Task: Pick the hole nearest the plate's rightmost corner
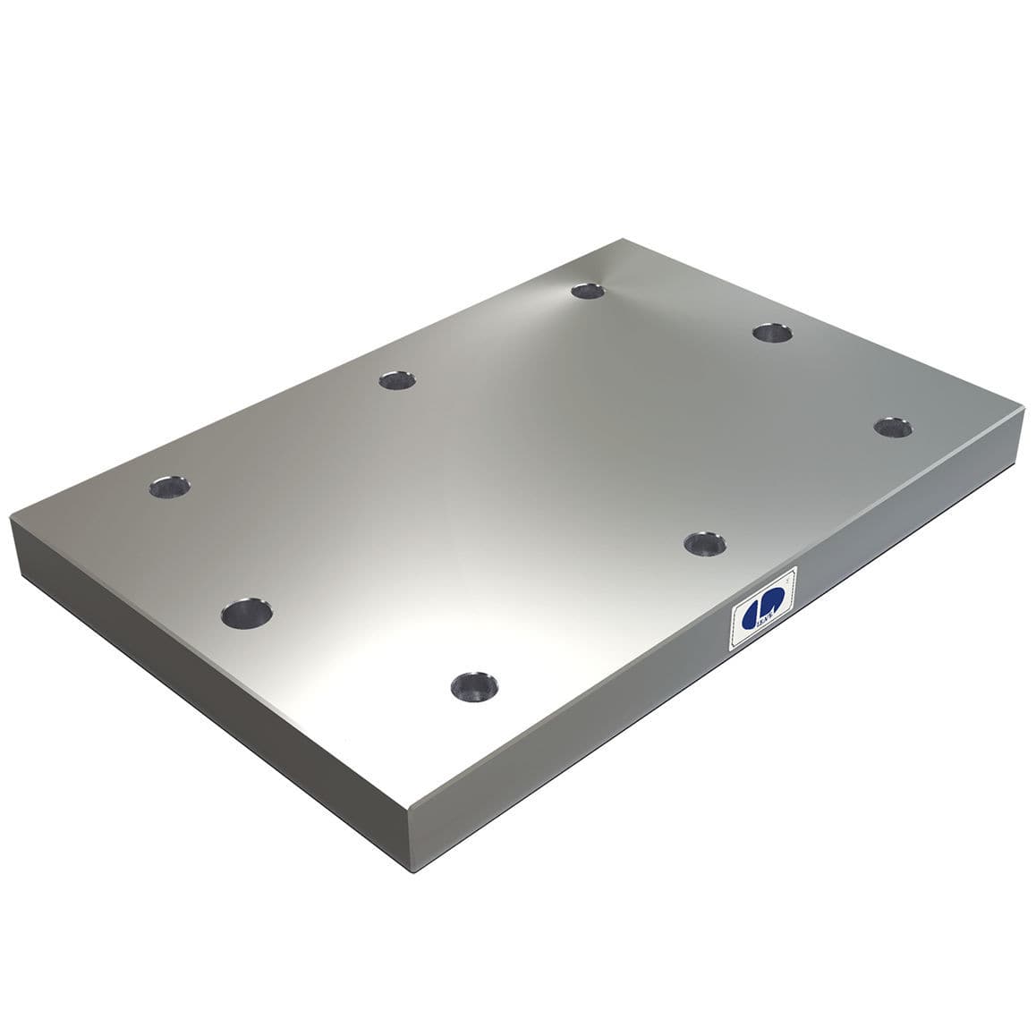tap(893, 427)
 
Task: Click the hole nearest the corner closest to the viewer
tap(474, 686)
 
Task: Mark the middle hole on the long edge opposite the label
tap(397, 380)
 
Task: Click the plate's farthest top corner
tap(622, 239)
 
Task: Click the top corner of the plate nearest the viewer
tap(408, 794)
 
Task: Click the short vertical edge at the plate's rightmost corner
tap(1023, 429)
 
